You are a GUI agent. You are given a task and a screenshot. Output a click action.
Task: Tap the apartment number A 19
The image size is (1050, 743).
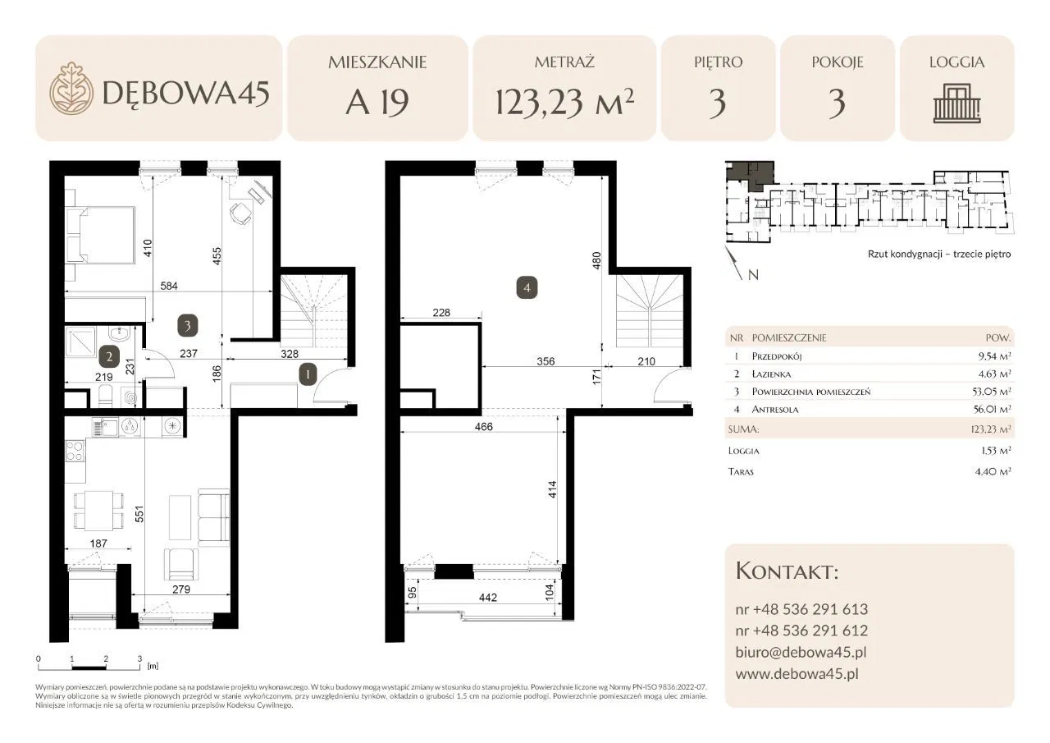tap(377, 103)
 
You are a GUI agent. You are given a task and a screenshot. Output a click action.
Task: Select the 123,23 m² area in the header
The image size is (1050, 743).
tap(564, 102)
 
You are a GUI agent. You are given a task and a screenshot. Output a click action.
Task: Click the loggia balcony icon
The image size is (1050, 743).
tap(956, 103)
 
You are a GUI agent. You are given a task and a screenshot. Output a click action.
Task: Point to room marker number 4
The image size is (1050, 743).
tap(527, 287)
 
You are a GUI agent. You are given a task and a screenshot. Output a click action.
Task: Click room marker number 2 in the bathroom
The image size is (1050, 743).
tap(109, 357)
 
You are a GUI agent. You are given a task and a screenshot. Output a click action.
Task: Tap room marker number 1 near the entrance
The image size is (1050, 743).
tap(308, 374)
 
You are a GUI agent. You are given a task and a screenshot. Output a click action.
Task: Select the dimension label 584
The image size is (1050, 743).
tap(169, 286)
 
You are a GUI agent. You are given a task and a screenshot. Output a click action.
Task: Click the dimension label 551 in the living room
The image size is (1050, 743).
tap(139, 514)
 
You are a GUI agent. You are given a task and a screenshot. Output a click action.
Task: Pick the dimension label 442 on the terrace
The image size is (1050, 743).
tap(488, 598)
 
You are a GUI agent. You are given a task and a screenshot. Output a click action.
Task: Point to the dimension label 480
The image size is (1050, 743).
tap(596, 261)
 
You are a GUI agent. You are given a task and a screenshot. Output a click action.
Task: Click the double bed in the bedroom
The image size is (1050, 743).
tap(100, 235)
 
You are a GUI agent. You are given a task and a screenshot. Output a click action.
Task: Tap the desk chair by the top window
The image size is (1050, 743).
tap(240, 214)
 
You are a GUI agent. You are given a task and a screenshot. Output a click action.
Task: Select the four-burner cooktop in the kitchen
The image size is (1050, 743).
tap(75, 451)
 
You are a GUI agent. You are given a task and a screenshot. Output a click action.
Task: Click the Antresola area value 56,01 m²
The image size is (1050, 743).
tap(992, 409)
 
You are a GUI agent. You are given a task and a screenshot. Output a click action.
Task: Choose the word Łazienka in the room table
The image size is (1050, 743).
tap(771, 374)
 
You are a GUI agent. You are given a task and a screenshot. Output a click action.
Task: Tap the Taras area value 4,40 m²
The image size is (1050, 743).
tap(993, 471)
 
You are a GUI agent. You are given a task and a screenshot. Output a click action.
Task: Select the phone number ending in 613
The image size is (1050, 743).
tap(801, 609)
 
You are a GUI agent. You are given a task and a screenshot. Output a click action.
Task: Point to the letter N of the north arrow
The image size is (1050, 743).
tap(753, 275)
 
